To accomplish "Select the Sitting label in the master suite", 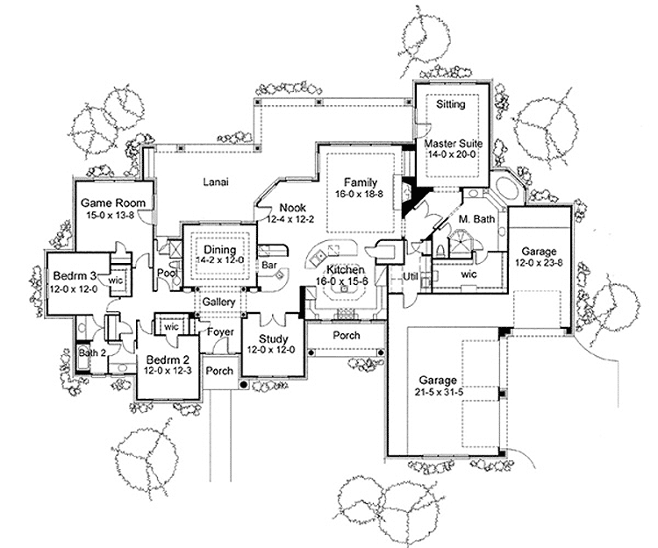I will [450, 104].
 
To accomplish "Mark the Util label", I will [408, 276].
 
